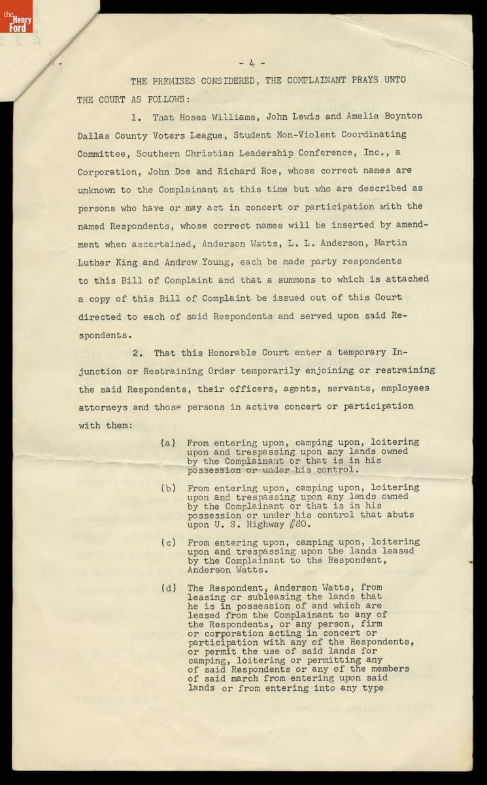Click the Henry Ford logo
[16, 21]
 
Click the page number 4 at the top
[252, 63]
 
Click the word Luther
[94, 262]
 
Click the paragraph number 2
[137, 353]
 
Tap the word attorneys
[103, 406]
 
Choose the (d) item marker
[168, 587]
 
